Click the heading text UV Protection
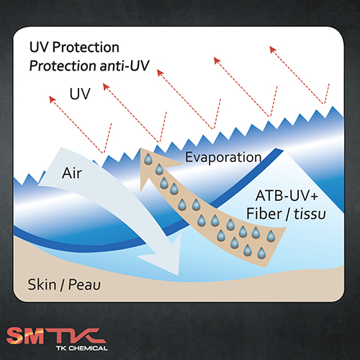[74, 47]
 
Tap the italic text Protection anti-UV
[89, 66]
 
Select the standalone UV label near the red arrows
[80, 94]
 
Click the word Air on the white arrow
[72, 173]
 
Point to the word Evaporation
[223, 158]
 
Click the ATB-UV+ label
[287, 196]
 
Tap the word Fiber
[264, 214]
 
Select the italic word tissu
[310, 214]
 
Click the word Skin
[42, 284]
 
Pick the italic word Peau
[84, 285]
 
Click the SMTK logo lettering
[56, 336]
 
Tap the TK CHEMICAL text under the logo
[82, 348]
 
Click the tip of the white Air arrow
[178, 275]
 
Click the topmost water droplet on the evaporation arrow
[148, 159]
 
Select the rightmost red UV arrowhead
[272, 49]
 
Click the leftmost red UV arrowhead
[52, 99]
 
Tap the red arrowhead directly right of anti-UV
[160, 72]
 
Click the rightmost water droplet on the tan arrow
[271, 236]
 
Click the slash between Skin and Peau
[63, 285]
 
